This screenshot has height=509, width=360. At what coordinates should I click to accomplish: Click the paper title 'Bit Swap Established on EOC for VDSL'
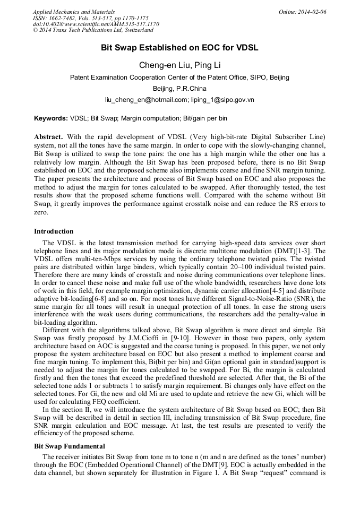click(x=179, y=48)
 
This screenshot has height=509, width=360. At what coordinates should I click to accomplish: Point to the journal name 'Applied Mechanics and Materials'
click(x=74, y=12)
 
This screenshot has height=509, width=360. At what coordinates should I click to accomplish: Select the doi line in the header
click(x=96, y=24)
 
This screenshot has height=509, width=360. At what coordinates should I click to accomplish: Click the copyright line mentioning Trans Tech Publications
click(x=93, y=31)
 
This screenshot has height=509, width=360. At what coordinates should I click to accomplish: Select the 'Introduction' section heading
click(x=54, y=231)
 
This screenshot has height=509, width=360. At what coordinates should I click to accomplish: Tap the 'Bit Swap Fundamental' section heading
click(x=70, y=446)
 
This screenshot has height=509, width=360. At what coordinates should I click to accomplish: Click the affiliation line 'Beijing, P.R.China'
click(x=179, y=89)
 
